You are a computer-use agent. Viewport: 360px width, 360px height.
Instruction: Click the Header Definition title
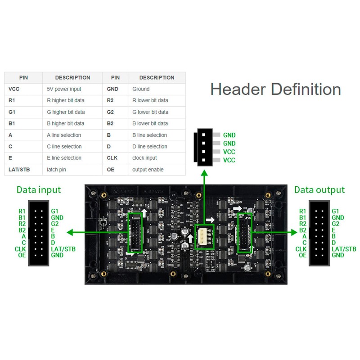click(275, 89)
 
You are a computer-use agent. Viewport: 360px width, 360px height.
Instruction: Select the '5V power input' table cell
click(64, 89)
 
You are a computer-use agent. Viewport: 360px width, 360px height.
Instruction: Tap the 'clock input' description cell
click(144, 158)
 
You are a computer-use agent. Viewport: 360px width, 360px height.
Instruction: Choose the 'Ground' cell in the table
click(141, 89)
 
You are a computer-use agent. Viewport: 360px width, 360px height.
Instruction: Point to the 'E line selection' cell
click(64, 158)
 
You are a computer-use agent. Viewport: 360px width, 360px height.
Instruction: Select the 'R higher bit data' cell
click(66, 100)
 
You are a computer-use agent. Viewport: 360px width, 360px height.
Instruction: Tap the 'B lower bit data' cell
click(150, 123)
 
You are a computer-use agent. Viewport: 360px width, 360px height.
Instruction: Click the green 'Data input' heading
click(39, 189)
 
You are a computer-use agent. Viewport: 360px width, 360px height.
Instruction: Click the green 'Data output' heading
click(319, 189)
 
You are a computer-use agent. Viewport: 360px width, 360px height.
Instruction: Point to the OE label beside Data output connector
click(302, 255)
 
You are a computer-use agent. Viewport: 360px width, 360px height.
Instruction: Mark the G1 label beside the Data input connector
click(55, 211)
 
